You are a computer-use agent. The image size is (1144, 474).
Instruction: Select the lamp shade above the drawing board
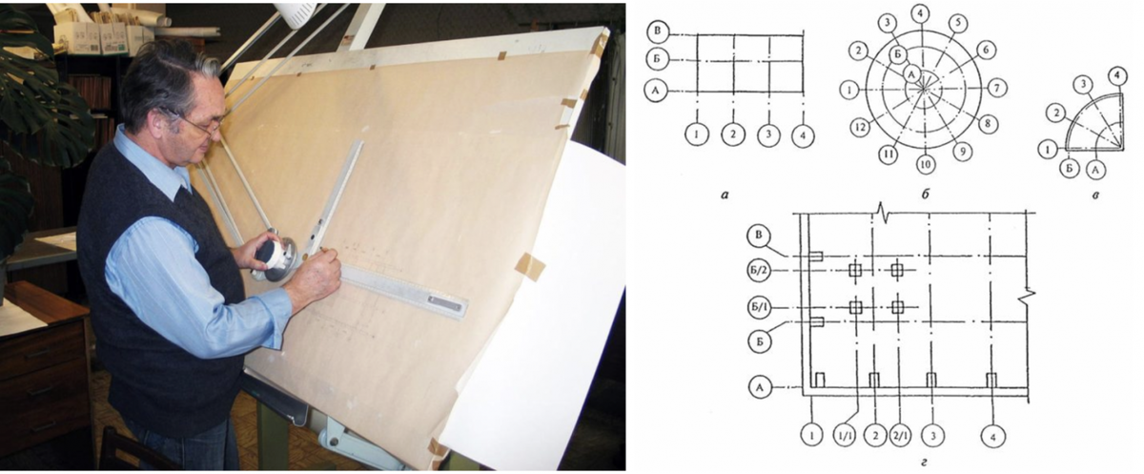296,13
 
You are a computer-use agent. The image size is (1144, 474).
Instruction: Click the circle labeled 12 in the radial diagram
861,126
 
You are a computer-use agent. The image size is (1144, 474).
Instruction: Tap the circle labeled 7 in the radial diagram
996,88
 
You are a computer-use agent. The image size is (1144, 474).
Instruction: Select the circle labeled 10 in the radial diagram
926,164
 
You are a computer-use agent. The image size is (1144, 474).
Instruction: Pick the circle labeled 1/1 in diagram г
845,436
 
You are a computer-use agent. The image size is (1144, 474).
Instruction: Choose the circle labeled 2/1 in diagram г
900,436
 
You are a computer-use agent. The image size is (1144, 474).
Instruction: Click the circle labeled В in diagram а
657,31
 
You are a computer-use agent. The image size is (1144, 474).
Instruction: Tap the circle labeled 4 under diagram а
803,135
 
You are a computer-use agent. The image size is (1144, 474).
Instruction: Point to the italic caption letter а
725,195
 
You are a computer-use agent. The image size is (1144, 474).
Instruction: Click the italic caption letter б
925,195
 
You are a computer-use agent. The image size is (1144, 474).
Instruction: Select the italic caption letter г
924,464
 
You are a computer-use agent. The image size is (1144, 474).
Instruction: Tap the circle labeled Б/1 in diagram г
759,307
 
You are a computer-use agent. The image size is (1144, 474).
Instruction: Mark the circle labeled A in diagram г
760,387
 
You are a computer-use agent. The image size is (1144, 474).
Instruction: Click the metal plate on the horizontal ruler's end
445,303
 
